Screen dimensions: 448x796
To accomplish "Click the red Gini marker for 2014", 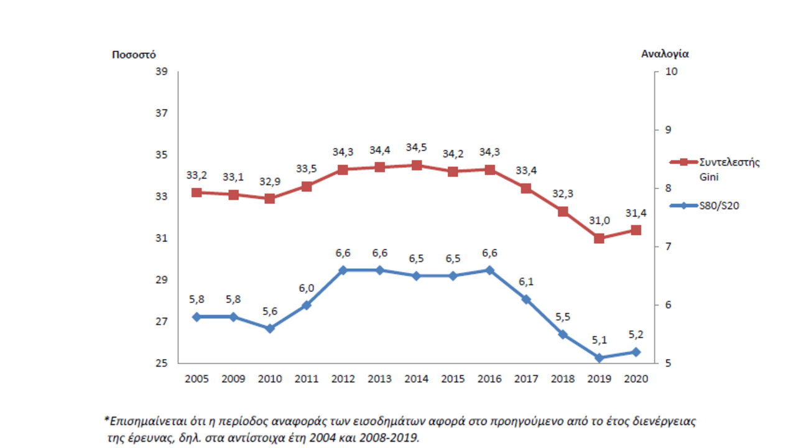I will pos(417,165).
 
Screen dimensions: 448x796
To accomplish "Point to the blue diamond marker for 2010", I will pos(270,328).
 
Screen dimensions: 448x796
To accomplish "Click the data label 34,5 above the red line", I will pos(417,147).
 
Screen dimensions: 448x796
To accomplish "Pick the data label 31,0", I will pos(599,220).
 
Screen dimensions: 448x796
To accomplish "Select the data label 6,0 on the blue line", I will pos(307,287).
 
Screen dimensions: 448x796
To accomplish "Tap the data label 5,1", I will pos(599,340).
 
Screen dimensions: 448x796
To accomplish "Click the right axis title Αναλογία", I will pos(665,54).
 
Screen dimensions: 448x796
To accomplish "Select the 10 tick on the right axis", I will pos(672,72).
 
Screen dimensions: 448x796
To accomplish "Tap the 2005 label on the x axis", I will pos(197,379).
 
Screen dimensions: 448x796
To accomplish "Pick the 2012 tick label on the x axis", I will pos(343,379).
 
